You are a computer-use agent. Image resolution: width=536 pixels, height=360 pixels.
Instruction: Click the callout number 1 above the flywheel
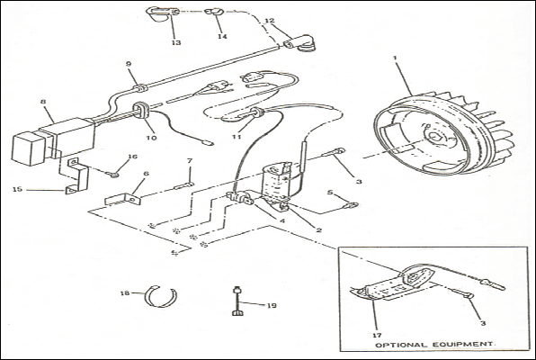395,58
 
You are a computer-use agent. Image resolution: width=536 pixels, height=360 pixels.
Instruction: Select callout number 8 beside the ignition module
43,102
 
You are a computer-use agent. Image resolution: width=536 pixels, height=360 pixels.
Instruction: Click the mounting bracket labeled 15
77,175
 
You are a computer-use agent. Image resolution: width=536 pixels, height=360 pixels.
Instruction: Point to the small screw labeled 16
114,175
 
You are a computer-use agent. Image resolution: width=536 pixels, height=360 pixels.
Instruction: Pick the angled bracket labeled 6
123,199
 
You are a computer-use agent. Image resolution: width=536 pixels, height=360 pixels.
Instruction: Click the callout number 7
190,160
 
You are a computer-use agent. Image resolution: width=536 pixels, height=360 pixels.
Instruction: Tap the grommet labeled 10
140,111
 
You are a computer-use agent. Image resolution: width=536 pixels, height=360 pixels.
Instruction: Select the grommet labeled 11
257,112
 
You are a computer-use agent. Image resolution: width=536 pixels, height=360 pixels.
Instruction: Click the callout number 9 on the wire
129,64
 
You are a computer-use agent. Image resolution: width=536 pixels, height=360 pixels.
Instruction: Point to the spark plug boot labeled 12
299,43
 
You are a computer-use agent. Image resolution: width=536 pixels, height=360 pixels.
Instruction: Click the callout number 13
176,43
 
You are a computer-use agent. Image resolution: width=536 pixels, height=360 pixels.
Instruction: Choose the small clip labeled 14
214,12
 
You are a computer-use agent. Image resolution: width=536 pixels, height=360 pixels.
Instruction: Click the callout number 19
272,305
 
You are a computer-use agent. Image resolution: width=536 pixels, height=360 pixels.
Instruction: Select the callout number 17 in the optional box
378,336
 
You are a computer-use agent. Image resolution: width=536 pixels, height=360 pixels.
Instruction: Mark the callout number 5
330,193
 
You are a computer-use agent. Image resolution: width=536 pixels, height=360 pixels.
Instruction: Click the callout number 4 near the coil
282,221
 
